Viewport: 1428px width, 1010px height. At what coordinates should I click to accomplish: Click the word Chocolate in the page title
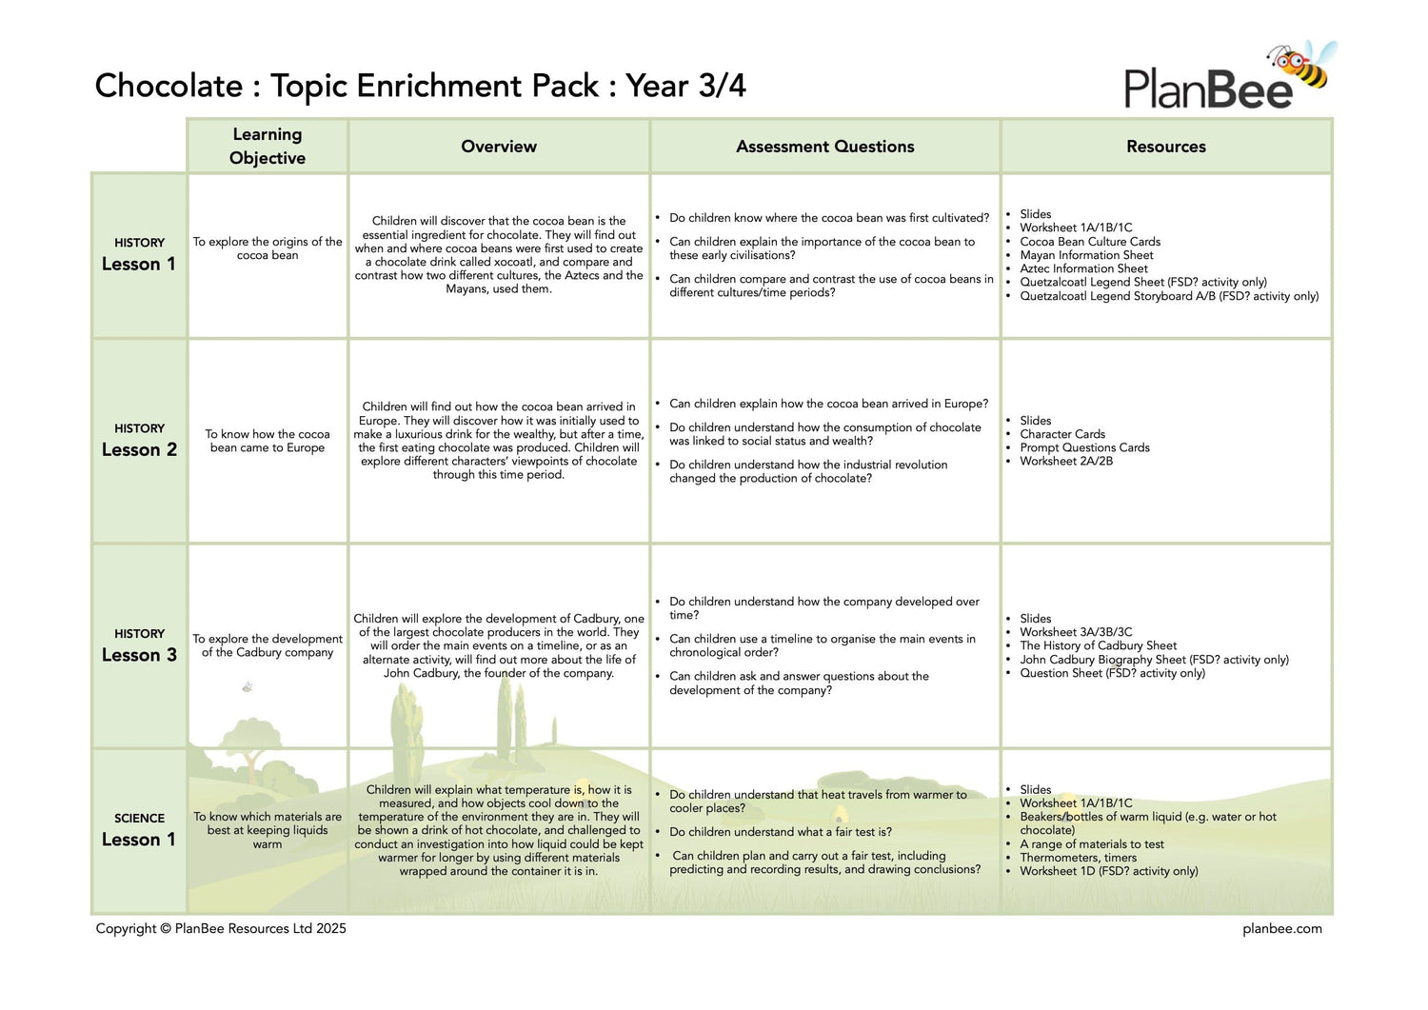pos(169,86)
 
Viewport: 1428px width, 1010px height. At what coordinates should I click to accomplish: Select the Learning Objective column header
pos(268,146)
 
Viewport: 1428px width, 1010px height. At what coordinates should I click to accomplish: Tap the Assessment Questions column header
pos(824,147)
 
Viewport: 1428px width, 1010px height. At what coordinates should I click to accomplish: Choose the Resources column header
pos(1165,147)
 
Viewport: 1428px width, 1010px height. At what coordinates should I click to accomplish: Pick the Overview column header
pos(499,147)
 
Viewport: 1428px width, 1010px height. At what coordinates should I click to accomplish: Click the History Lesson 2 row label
pos(139,441)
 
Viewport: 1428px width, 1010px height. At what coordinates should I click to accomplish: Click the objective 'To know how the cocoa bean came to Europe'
pos(268,441)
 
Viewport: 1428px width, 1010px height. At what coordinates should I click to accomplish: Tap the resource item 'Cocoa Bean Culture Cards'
pos(1090,242)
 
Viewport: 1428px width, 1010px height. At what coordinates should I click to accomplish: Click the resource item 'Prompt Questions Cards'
pos(1084,447)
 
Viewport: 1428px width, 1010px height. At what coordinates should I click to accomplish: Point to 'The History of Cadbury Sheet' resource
pos(1098,645)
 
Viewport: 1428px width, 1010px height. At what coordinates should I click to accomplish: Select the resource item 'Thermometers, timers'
pos(1078,858)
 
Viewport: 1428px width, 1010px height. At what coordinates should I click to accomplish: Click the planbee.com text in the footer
pos(1281,929)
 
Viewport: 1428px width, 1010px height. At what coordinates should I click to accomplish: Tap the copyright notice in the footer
pos(221,929)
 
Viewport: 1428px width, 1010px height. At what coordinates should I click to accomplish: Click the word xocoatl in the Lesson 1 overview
pos(508,262)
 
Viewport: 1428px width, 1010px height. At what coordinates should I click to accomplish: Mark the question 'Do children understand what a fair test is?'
pos(781,832)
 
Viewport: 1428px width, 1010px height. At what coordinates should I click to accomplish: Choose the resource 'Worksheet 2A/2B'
pos(1066,461)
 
